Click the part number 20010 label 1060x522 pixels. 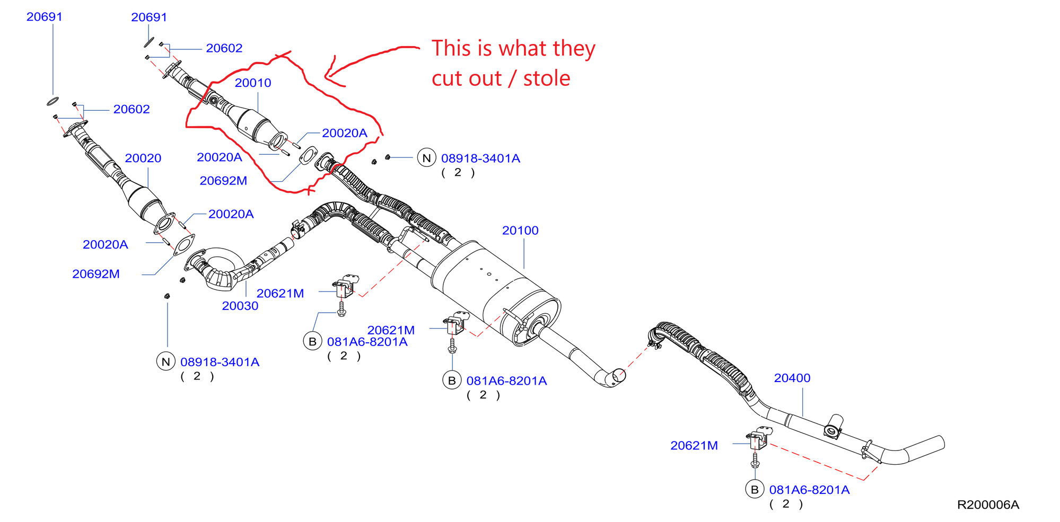253,83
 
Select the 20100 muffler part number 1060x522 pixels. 520,231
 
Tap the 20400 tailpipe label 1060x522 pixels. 792,378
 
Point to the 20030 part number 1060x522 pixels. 240,306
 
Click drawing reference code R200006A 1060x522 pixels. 988,505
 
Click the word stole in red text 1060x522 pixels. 547,78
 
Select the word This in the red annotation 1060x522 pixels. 451,48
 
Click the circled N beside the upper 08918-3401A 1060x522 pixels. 426,158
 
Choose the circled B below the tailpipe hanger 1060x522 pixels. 755,490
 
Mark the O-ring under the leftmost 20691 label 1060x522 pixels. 52,101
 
